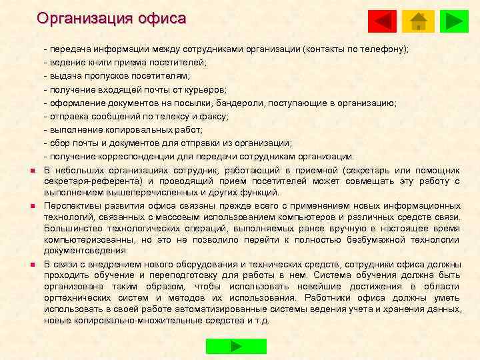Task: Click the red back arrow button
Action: tap(382, 21)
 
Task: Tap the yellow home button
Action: tap(419, 21)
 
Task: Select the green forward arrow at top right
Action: tap(455, 21)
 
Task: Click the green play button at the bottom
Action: tap(236, 346)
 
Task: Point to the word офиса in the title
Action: tap(161, 18)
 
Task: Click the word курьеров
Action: tap(204, 89)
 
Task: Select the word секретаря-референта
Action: tap(93, 181)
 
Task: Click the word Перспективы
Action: tap(73, 205)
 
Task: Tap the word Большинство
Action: tap(75, 228)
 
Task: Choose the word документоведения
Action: tap(85, 251)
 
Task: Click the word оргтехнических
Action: tap(81, 297)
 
